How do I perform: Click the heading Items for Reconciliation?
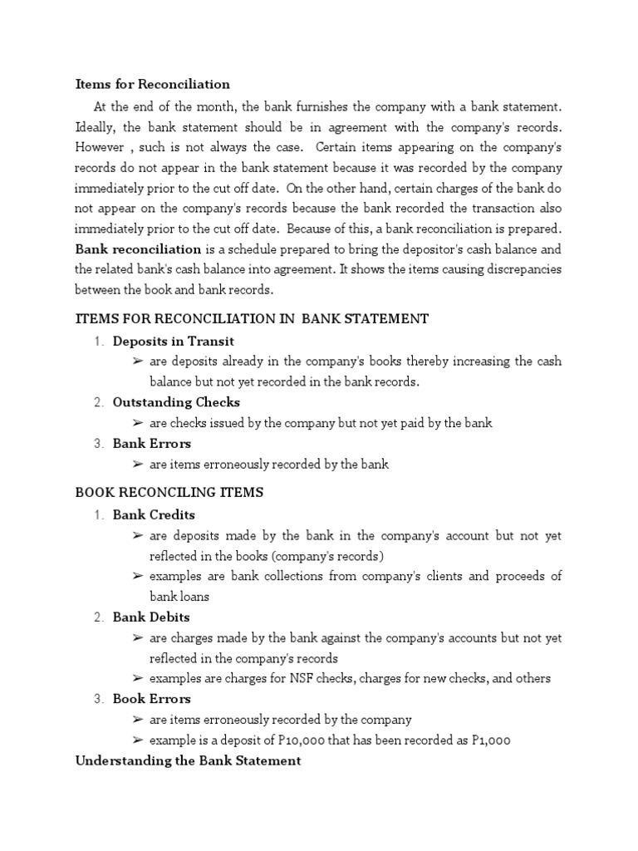pyautogui.click(x=153, y=85)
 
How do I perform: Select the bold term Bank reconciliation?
pyautogui.click(x=138, y=249)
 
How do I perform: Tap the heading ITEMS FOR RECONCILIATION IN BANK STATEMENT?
pyautogui.click(x=252, y=318)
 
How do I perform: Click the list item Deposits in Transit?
pyautogui.click(x=174, y=341)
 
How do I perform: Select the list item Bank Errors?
pyautogui.click(x=152, y=443)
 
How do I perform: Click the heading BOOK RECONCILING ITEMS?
pyautogui.click(x=169, y=493)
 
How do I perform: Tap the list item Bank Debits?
pyautogui.click(x=151, y=617)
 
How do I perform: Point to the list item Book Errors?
pyautogui.click(x=152, y=699)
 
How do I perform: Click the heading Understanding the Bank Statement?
pyautogui.click(x=188, y=760)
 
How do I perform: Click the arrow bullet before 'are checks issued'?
pyautogui.click(x=138, y=423)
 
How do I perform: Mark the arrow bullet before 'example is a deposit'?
pyautogui.click(x=138, y=740)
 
